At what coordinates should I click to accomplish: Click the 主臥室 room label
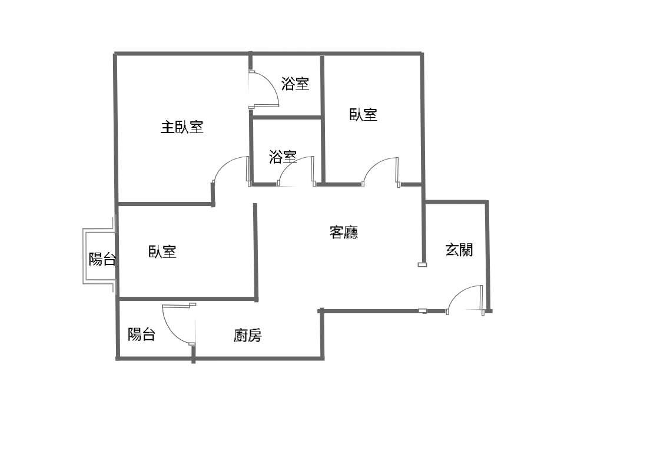point(182,127)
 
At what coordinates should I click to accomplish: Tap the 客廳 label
point(343,232)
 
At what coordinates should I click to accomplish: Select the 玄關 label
point(459,250)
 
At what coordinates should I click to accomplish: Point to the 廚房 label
point(247,336)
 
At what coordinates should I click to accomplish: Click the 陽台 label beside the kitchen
point(142,334)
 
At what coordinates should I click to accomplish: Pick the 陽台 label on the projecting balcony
point(102,259)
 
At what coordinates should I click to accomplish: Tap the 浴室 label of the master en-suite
point(295,84)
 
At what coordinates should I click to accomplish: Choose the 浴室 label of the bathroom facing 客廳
point(283,157)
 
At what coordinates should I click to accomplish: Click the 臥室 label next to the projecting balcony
point(162,252)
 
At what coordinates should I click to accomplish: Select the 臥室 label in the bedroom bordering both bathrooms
point(363,114)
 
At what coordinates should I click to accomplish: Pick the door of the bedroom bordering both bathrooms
point(381,172)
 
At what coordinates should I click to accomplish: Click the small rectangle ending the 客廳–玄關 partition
point(422,264)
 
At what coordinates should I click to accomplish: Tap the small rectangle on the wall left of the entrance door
point(422,310)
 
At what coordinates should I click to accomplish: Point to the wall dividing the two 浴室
point(286,118)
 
